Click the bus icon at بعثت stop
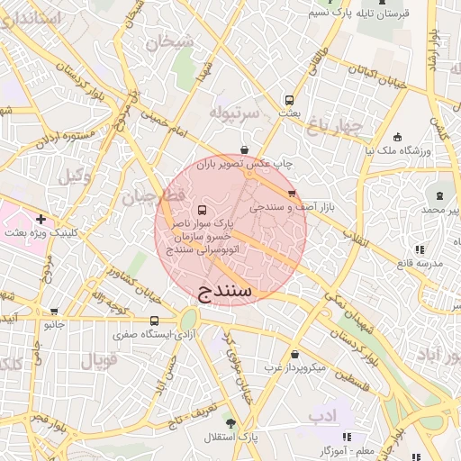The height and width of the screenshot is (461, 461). coord(289,101)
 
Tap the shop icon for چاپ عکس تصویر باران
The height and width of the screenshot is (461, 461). coord(244,149)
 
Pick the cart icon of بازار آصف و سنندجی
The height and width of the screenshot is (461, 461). coord(291,194)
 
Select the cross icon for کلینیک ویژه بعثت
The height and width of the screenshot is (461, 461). coord(41,219)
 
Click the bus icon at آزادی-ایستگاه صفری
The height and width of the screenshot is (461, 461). coord(154,320)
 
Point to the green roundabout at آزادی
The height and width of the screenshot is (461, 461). coord(188,318)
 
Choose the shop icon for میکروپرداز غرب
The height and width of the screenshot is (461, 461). coord(294,354)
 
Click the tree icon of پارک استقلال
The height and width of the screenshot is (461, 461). coord(230,422)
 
